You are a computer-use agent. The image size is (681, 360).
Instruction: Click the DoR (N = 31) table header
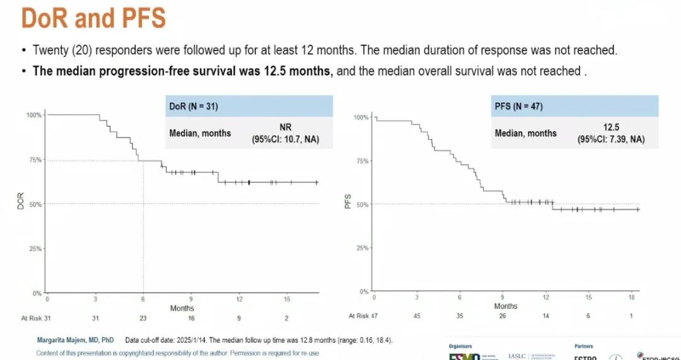(x=193, y=107)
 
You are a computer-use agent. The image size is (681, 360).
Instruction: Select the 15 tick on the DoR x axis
(x=287, y=299)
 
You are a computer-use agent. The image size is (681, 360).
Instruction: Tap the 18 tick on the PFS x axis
(x=631, y=297)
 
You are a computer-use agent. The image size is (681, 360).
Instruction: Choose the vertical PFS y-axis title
(x=347, y=202)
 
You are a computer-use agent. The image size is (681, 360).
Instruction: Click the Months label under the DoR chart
(x=182, y=308)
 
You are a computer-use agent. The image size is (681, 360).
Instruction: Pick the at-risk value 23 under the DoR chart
(x=143, y=318)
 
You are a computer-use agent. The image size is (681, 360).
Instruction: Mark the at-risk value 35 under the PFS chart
(x=459, y=316)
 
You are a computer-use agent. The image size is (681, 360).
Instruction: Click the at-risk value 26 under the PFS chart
(x=502, y=316)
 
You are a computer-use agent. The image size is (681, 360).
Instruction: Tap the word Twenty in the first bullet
(x=49, y=50)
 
